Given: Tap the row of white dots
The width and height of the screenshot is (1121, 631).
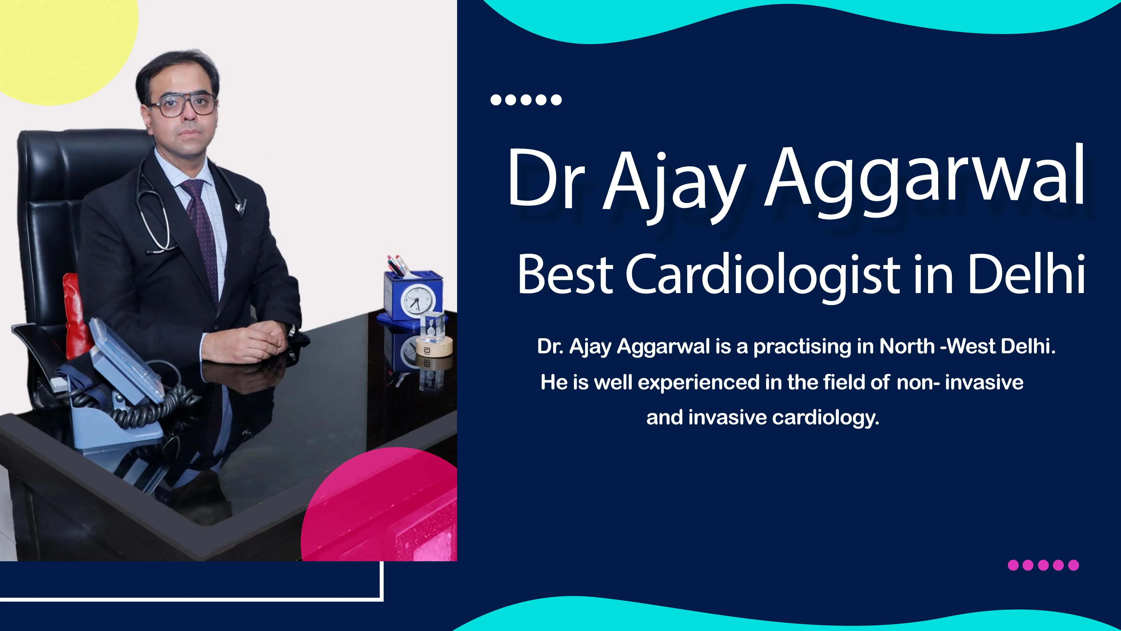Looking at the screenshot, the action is [x=526, y=100].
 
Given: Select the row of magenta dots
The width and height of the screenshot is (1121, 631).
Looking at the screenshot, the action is [x=1043, y=565].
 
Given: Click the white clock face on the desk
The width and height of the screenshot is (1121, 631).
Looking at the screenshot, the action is [x=417, y=300].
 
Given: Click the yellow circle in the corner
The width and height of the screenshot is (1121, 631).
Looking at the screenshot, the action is [x=65, y=48].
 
